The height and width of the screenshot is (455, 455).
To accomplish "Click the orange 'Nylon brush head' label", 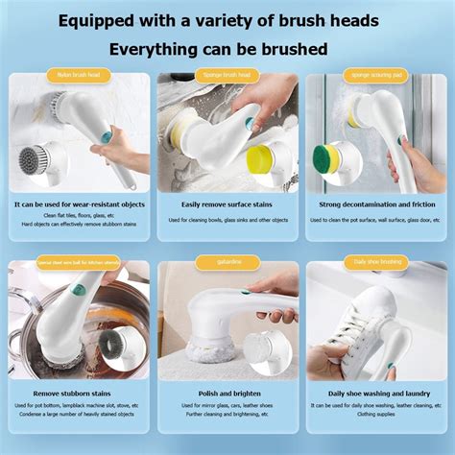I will point(79,75).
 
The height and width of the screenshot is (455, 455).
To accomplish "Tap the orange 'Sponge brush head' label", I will point(227,75).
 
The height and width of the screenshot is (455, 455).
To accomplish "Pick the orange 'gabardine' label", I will point(227,262).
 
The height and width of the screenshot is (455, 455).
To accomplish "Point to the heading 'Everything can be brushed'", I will point(227,48).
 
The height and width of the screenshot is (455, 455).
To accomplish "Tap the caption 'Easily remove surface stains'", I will point(227,204).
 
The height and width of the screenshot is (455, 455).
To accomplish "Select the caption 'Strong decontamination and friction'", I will point(376,204).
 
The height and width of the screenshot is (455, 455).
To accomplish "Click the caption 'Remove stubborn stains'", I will point(79,394).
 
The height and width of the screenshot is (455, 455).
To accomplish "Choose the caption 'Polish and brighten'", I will point(227,394).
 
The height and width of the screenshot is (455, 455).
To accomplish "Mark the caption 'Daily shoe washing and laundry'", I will point(376,394).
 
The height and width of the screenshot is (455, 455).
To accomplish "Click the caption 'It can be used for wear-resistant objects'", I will point(79,204).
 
